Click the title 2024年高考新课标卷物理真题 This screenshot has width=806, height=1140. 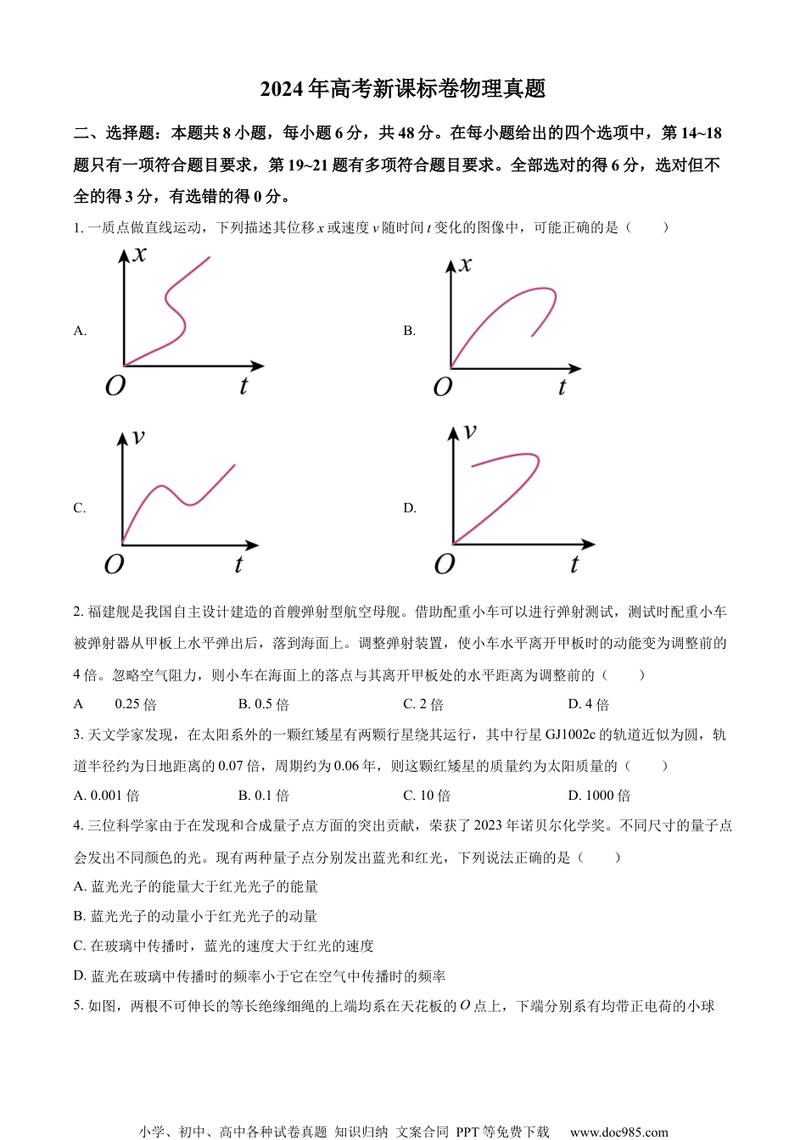coord(402,88)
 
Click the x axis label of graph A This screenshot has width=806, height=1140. coord(140,254)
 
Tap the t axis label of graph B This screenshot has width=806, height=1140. coord(562,388)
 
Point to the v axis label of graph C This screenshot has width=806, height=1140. coord(138,437)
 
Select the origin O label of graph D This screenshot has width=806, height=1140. coord(445,564)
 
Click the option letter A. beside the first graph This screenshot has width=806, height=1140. coord(81,331)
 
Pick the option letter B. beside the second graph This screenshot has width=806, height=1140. coord(410,331)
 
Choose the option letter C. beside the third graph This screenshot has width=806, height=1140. coord(80,508)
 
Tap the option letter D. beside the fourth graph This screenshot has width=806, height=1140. coord(410,508)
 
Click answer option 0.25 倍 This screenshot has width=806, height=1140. coord(136,704)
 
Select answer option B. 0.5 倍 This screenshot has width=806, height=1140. coord(264,704)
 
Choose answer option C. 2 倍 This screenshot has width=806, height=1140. coord(423,704)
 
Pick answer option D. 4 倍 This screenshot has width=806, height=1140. coord(589,704)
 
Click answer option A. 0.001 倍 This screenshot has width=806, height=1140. coord(107,796)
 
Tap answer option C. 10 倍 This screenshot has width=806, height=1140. coord(427,796)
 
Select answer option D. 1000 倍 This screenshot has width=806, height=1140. coord(599,796)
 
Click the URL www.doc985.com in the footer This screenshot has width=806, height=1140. coord(618,1132)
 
